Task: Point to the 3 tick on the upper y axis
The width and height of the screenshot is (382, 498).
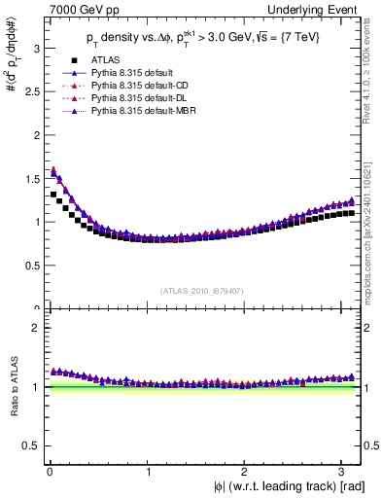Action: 34,46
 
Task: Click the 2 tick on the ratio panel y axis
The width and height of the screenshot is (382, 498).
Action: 34,328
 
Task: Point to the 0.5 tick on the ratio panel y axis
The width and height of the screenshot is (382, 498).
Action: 30,445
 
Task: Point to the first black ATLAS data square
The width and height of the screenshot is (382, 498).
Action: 52,195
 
